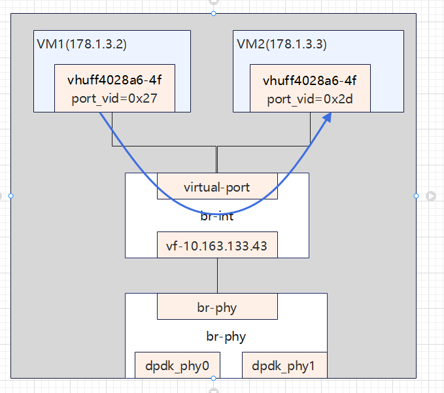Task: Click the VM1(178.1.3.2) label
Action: click(x=81, y=45)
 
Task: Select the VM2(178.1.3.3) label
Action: click(x=281, y=45)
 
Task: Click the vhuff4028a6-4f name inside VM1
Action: click(x=114, y=81)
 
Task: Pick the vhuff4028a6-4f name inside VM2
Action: click(x=310, y=81)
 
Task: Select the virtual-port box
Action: click(x=217, y=186)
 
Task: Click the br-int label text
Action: click(x=217, y=217)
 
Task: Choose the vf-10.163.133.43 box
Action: click(x=217, y=245)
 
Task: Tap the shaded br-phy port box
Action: click(x=217, y=307)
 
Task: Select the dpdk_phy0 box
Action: click(x=177, y=366)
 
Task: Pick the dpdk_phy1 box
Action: click(x=284, y=366)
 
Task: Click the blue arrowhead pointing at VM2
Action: click(x=326, y=118)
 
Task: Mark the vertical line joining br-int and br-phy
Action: click(x=217, y=275)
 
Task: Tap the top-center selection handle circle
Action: click(x=213, y=13)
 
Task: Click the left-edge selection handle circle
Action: click(x=10, y=196)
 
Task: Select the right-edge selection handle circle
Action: click(x=416, y=196)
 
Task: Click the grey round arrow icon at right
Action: click(x=431, y=196)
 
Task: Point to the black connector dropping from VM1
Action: click(x=112, y=128)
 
